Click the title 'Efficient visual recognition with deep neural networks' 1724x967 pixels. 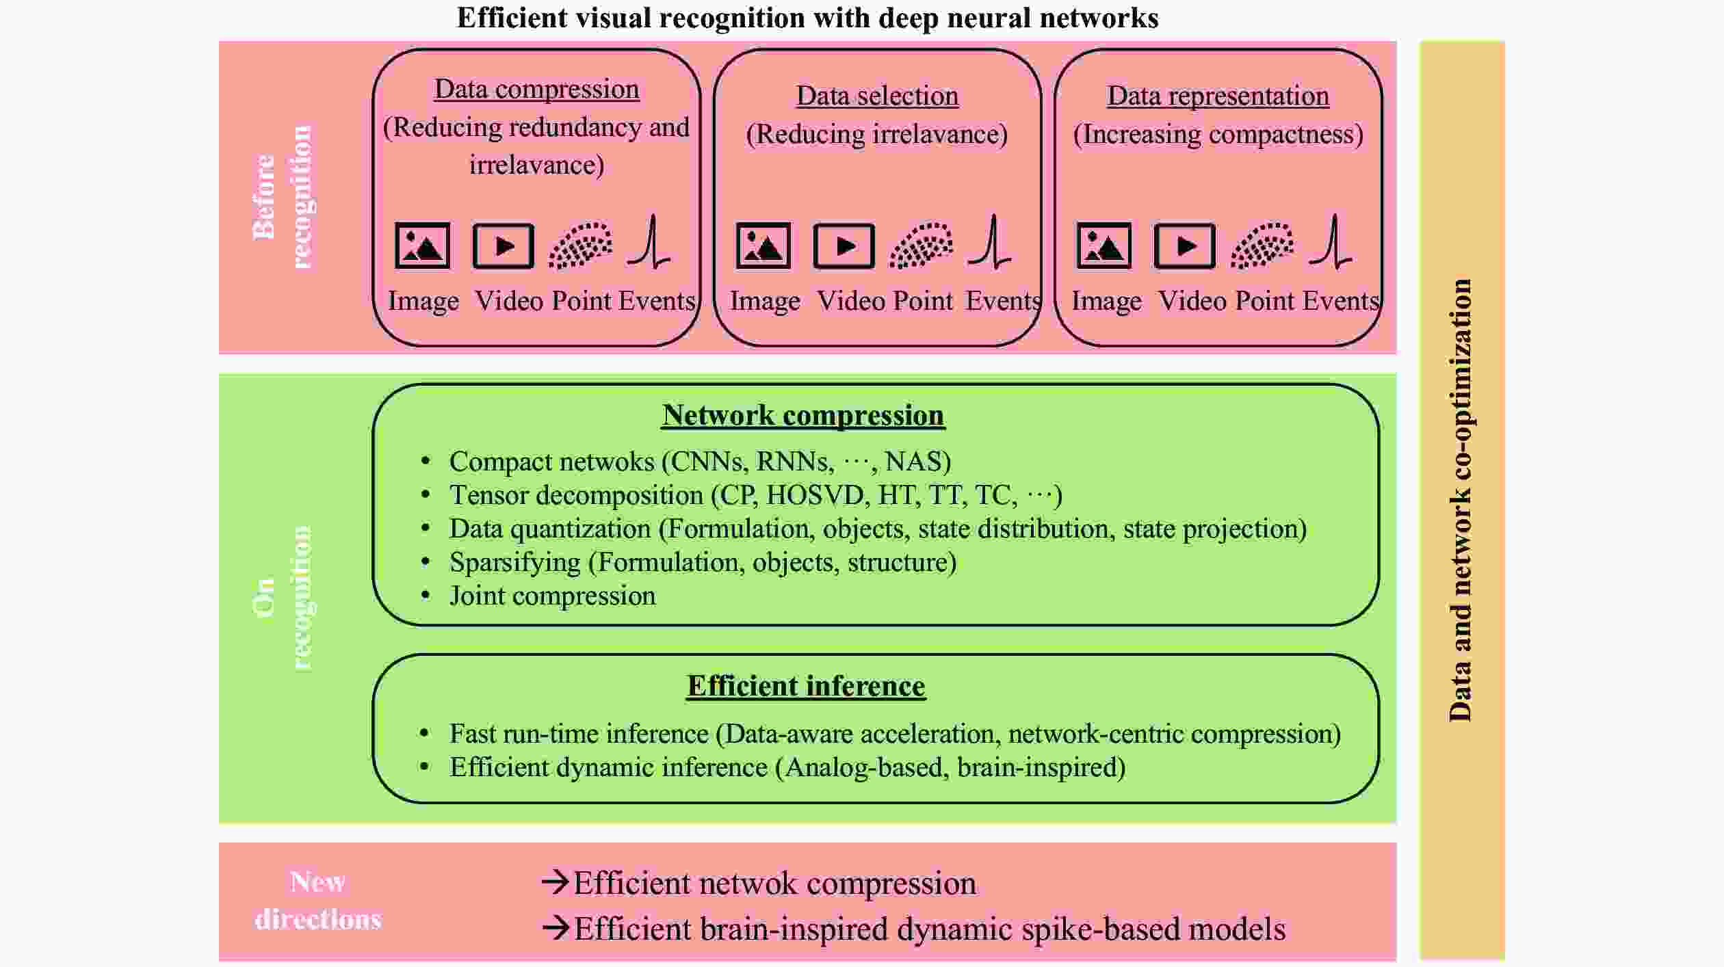807,18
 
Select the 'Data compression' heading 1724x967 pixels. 537,89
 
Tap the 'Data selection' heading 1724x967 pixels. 877,96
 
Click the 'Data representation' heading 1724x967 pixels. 1218,96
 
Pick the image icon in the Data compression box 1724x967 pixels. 423,246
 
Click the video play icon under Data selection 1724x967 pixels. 844,246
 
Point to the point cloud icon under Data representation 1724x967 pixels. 1262,246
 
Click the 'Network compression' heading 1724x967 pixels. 803,415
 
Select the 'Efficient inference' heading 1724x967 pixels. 806,686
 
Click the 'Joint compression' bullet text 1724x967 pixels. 552,596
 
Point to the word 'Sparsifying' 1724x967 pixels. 514,562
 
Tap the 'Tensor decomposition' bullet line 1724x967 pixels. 755,495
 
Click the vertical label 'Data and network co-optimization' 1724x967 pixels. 1461,499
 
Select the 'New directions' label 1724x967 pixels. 318,900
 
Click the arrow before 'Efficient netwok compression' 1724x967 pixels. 555,882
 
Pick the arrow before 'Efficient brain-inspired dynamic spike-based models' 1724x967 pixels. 555,928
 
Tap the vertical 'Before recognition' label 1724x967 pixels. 282,197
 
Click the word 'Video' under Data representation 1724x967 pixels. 1192,301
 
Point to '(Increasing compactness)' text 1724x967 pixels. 1218,134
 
